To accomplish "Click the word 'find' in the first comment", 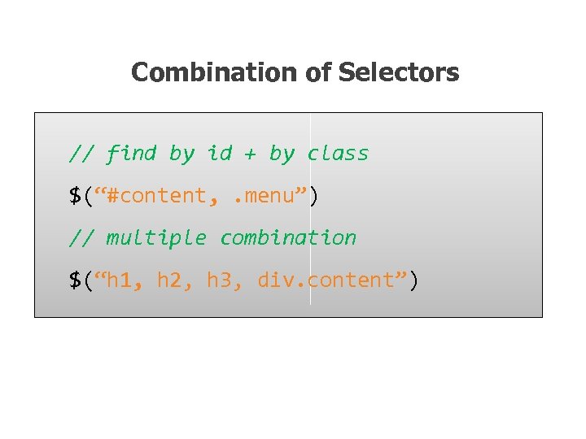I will click(131, 153).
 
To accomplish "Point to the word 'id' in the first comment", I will click(219, 153).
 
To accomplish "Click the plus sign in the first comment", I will click(251, 154).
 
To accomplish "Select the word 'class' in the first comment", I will click(338, 153).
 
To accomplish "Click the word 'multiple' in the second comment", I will click(156, 238).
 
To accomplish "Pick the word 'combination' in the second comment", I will click(288, 238).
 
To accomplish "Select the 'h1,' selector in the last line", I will click(125, 280).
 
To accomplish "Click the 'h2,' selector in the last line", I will click(175, 280).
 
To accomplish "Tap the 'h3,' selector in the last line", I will click(225, 280).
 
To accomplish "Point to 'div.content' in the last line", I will click(326, 280).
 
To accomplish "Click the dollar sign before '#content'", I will click(75, 196).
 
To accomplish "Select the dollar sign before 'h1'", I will click(75, 280).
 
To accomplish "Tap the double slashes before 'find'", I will click(81, 153).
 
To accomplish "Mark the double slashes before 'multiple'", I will click(81, 238).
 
